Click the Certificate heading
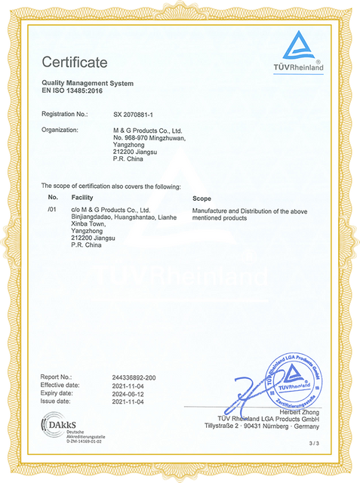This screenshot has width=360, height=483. click(x=75, y=61)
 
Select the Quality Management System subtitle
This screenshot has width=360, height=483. click(x=87, y=83)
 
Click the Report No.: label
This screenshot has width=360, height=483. click(x=57, y=376)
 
